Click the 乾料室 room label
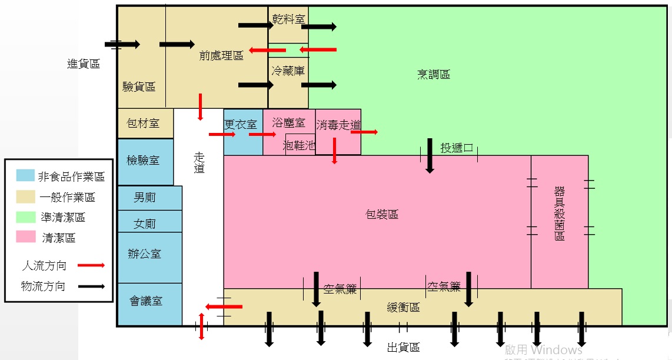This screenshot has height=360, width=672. pyautogui.click(x=288, y=20)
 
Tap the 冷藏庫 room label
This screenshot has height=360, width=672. pyautogui.click(x=288, y=71)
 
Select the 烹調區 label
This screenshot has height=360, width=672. pyautogui.click(x=434, y=75)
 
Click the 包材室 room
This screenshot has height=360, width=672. pyautogui.click(x=144, y=124)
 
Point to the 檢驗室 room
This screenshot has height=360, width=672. pyautogui.click(x=144, y=161)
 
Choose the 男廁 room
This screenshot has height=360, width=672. pyautogui.click(x=145, y=198)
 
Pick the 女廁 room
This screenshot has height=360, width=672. pyautogui.click(x=145, y=224)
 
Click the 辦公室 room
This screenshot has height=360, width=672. pyautogui.click(x=145, y=254)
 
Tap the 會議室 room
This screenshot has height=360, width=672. pyautogui.click(x=146, y=301)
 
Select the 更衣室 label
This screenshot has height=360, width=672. pyautogui.click(x=241, y=125)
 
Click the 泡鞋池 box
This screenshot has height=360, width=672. pyautogui.click(x=300, y=145)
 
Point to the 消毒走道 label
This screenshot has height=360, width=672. pyautogui.click(x=338, y=125)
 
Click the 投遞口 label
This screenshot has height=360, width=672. pyautogui.click(x=457, y=148)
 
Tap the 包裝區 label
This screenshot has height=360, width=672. pyautogui.click(x=382, y=215)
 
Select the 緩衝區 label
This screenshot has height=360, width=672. pyautogui.click(x=403, y=307)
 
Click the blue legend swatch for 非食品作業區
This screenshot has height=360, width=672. pyautogui.click(x=25, y=175)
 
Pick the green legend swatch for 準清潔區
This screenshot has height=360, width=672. pyautogui.click(x=25, y=217)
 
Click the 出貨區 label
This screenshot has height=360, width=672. pyautogui.click(x=403, y=348)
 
